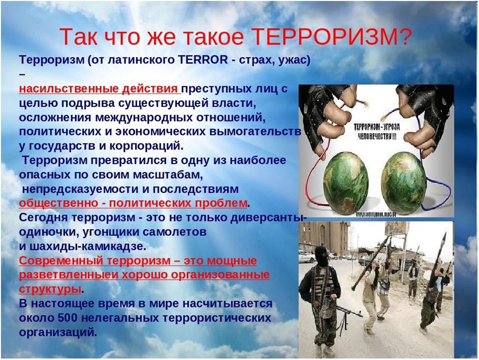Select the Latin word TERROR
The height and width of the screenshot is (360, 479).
[x=203, y=60]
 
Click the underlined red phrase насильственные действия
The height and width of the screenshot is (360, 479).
[x=98, y=89]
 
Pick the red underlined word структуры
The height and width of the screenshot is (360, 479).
[x=50, y=289]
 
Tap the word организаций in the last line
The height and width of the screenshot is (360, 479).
[x=58, y=333]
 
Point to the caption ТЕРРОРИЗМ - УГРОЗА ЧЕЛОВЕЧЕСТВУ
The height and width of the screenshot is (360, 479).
[x=377, y=131]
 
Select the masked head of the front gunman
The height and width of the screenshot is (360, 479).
[x=321, y=256]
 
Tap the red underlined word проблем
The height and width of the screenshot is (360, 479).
[x=221, y=203]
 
